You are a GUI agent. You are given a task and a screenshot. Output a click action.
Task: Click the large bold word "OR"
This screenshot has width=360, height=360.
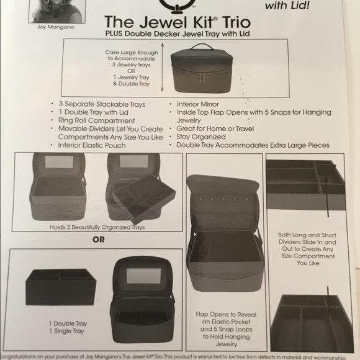[x=98, y=239]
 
